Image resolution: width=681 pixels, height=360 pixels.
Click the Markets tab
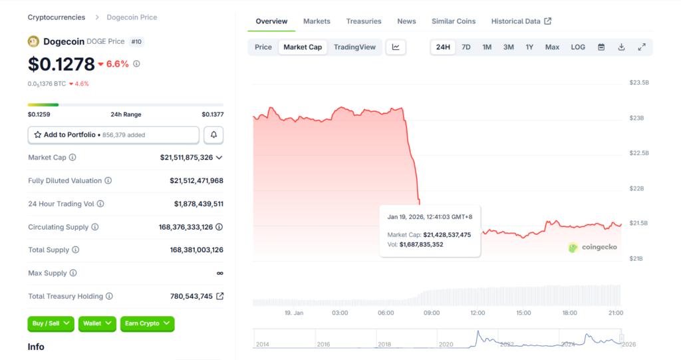(x=317, y=21)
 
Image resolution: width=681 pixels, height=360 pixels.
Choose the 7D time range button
(x=466, y=47)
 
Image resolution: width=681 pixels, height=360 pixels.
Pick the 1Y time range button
(x=529, y=47)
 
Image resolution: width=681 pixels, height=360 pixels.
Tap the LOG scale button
(x=578, y=47)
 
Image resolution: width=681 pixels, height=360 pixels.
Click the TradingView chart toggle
(x=354, y=47)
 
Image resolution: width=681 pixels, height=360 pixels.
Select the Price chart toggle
(x=263, y=47)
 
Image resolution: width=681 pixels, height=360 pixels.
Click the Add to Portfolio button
(x=113, y=135)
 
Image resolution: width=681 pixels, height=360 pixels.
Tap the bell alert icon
(x=213, y=135)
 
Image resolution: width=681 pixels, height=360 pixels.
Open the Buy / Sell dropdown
(x=51, y=323)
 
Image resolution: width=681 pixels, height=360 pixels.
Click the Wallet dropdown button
(x=97, y=323)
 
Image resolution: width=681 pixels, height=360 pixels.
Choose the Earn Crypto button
(x=147, y=323)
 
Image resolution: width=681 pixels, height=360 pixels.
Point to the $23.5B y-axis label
(x=639, y=83)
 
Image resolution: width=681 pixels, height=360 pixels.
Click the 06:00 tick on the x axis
(x=386, y=313)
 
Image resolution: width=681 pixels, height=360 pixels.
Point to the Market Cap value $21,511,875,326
(x=186, y=158)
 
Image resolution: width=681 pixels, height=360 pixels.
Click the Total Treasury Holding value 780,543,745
(x=191, y=296)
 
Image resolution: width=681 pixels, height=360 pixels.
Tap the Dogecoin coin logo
(x=33, y=41)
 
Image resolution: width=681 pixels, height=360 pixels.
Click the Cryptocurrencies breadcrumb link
(x=57, y=17)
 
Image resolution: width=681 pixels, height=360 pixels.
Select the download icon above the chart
(x=621, y=47)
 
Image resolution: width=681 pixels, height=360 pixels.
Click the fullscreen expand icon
(x=642, y=47)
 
